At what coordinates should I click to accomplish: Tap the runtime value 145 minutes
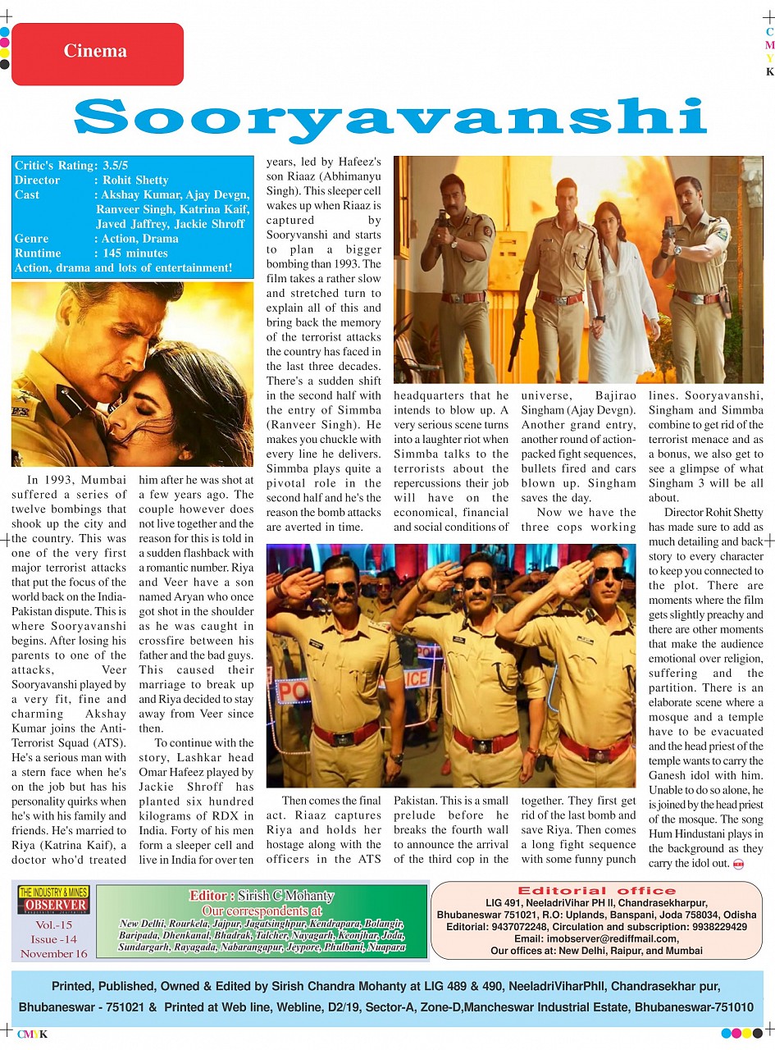pyautogui.click(x=135, y=253)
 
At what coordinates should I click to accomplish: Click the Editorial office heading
pyautogui.click(x=597, y=890)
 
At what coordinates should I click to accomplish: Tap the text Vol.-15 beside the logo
pyautogui.click(x=53, y=925)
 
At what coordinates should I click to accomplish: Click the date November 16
pyautogui.click(x=53, y=954)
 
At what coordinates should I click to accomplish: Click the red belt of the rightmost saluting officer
pyautogui.click(x=595, y=746)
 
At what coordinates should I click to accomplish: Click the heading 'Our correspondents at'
pyautogui.click(x=262, y=911)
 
